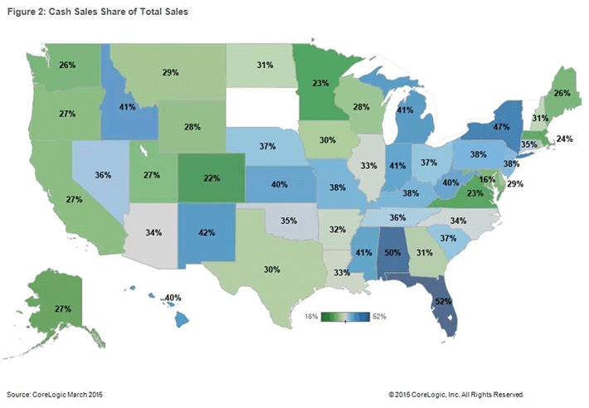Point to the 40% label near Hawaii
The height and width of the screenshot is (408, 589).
(173, 297)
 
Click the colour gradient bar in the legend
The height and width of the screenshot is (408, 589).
(345, 317)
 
